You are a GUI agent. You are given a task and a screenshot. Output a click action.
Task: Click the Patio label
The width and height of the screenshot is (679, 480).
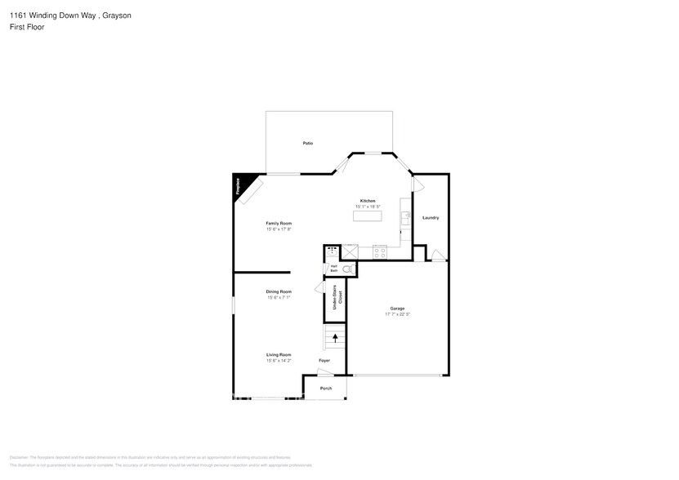coord(308,143)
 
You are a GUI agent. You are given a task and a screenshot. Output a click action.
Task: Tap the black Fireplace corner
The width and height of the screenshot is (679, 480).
coord(242,183)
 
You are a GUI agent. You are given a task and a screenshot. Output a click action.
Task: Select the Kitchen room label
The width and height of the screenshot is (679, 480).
coord(368,201)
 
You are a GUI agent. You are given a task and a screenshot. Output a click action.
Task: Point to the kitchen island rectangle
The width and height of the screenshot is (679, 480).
coord(368,216)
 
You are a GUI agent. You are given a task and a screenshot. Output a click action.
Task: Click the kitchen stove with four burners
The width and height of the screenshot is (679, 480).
coord(379,252)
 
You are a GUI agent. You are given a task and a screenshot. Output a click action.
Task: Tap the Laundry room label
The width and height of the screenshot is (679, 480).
coord(431,217)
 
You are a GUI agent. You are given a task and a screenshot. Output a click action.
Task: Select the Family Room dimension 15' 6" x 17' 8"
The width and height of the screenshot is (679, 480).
coord(279,229)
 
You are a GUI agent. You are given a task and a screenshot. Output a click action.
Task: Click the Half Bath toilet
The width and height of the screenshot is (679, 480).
coord(346,269)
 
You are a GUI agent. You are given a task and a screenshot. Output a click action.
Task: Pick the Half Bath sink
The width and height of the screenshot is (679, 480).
coord(332,251)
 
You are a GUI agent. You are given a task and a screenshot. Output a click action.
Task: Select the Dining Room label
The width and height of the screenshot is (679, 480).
coord(279,291)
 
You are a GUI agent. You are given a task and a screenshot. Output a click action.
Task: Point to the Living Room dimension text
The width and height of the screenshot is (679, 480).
coord(279,360)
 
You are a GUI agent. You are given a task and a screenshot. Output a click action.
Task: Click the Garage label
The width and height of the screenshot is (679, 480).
coord(397,309)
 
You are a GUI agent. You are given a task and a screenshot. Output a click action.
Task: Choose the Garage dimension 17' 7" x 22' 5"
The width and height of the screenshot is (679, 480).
coord(397,314)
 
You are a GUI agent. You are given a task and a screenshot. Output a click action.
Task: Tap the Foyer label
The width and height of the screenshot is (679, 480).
coord(324,360)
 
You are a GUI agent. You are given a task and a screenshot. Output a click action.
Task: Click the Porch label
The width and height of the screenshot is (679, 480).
coord(325,388)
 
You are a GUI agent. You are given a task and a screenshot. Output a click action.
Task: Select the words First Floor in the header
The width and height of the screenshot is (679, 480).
coord(27,27)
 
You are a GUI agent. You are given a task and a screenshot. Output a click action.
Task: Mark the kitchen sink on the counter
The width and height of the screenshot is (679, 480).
coord(405,217)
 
